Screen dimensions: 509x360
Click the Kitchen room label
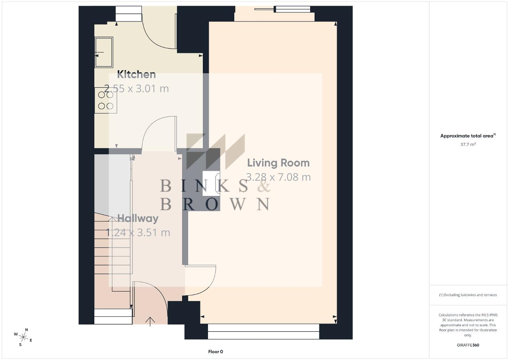coord(136,75)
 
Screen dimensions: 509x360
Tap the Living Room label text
coord(278,163)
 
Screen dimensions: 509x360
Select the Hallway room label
coord(138,219)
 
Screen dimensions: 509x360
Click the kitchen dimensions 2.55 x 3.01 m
coord(136,89)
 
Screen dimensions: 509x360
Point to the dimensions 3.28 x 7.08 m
coord(278,177)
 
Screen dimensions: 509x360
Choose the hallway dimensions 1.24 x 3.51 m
coord(138,233)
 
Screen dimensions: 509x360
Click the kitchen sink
coord(104,52)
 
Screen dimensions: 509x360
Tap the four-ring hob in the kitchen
coord(106,100)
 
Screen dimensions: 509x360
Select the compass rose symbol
coord(23,337)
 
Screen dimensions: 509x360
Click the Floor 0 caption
coord(216,352)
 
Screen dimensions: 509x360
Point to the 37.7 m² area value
coord(468,144)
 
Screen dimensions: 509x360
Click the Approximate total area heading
coord(468,136)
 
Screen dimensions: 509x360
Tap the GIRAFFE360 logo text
coord(468,345)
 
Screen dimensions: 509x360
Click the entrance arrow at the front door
coord(150,321)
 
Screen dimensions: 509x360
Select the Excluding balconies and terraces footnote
coord(468,295)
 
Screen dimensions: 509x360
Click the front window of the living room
coord(264,331)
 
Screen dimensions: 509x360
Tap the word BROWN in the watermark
coord(215,204)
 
